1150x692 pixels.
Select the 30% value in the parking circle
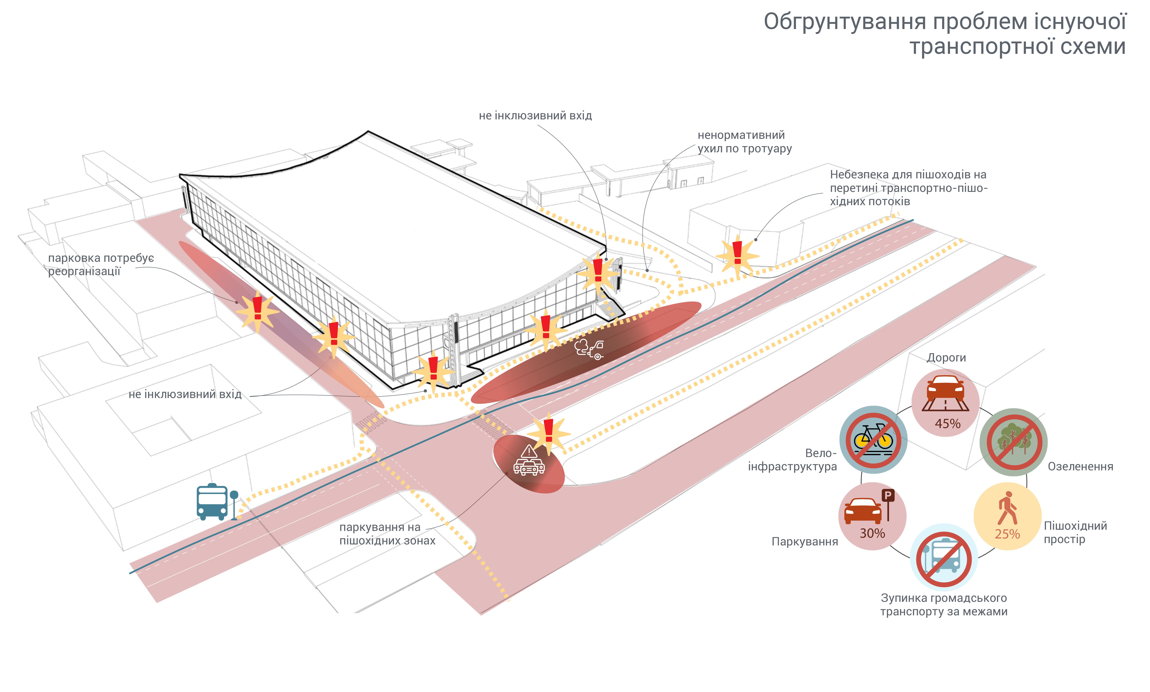pyautogui.click(x=872, y=533)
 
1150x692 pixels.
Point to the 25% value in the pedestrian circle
pyautogui.click(x=1007, y=534)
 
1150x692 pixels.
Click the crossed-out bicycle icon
pyautogui.click(x=873, y=440)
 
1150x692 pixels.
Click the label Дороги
pyautogui.click(x=946, y=358)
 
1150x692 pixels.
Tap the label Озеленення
pyautogui.click(x=1080, y=466)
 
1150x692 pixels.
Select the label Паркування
pyautogui.click(x=804, y=541)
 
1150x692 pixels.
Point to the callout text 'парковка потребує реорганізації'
pyautogui.click(x=100, y=264)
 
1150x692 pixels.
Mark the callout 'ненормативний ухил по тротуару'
pyautogui.click(x=744, y=142)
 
